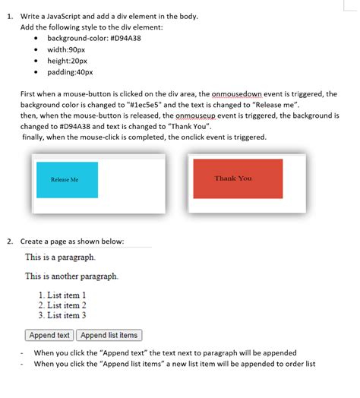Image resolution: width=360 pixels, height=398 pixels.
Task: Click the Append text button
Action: (49, 335)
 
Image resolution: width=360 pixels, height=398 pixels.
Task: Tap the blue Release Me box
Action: (67, 180)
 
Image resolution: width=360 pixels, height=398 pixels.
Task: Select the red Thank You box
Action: (238, 178)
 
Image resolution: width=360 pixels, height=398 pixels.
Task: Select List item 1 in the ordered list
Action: (62, 295)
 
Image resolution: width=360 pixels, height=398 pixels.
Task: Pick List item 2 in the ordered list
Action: (62, 305)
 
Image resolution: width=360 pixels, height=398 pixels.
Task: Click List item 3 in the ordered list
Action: (62, 315)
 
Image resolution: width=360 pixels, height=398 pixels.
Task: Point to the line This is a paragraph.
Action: (60, 257)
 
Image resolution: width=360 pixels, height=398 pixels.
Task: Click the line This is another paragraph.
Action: (71, 276)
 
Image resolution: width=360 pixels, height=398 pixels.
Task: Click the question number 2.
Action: (10, 242)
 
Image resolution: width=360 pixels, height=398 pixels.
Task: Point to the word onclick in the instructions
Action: (200, 137)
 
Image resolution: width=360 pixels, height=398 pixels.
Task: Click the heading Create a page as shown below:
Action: (72, 242)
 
